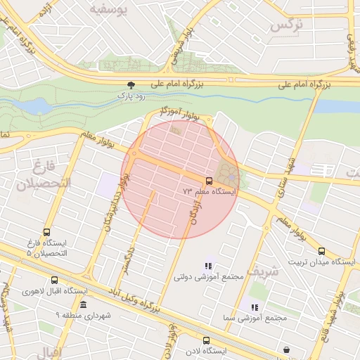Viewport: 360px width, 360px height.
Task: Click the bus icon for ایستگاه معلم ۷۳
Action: pos(209,182)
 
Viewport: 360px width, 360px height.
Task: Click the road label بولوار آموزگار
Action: pos(185,112)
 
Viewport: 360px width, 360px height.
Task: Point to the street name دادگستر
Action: pos(127,258)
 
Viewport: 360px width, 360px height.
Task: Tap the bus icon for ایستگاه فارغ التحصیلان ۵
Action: pos(47,232)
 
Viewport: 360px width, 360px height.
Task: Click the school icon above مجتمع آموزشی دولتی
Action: pos(207,266)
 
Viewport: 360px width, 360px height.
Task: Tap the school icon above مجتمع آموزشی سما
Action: pos(254,307)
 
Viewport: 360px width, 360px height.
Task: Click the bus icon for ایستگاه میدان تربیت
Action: pos(321,250)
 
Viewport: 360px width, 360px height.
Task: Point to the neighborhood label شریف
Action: pos(264,270)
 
